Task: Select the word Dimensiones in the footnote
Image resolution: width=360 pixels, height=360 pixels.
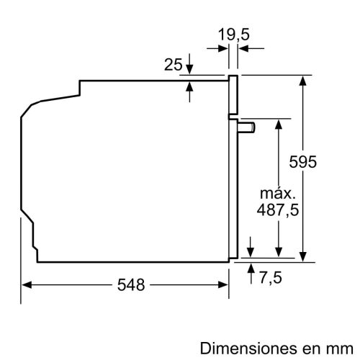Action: [x=243, y=348]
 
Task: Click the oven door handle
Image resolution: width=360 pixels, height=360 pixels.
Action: [x=247, y=127]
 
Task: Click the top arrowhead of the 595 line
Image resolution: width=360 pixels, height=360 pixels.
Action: [x=305, y=79]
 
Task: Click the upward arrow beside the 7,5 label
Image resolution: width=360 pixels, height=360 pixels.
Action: [x=251, y=269]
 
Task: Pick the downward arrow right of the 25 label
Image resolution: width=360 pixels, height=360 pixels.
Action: [x=189, y=67]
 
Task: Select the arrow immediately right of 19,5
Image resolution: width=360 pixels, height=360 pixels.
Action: [x=245, y=48]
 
